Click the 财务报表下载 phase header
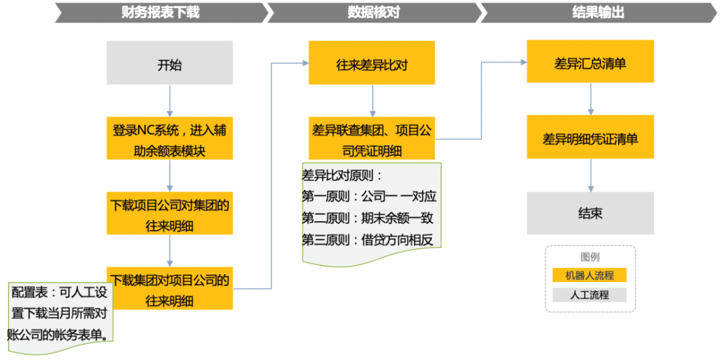point(160,12)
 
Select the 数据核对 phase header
point(373,12)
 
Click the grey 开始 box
point(169,65)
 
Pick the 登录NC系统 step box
point(169,139)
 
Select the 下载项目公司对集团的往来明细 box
point(169,214)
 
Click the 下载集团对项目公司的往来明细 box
point(169,289)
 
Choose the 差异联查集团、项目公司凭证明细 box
point(371,139)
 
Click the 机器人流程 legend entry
point(590,275)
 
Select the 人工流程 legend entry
point(590,294)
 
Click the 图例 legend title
point(590,257)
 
